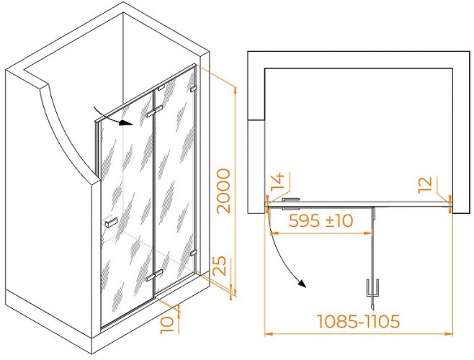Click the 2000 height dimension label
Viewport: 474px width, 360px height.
tap(224, 191)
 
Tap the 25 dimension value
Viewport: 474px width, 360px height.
tap(219, 266)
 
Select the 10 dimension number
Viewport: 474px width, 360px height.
tap(167, 324)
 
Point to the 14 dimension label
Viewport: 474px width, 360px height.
tap(277, 182)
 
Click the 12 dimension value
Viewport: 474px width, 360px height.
tap(426, 185)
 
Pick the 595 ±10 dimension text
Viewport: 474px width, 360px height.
tap(321, 220)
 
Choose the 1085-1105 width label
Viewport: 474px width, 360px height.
tap(358, 321)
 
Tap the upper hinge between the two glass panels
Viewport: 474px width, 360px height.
tap(154, 111)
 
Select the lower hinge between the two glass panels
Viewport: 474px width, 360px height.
tap(154, 275)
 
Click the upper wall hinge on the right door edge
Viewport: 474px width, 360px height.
tap(194, 89)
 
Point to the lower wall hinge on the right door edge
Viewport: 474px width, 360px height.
tap(194, 253)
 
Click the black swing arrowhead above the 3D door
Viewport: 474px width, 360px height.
tap(125, 123)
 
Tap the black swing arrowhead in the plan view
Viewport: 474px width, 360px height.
tap(302, 284)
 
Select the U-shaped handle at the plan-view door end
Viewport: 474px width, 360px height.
tap(372, 287)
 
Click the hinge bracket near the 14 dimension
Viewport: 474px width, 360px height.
tap(291, 204)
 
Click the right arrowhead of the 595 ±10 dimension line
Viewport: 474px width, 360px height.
tap(368, 233)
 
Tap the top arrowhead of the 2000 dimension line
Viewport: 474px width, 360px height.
tap(235, 91)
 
